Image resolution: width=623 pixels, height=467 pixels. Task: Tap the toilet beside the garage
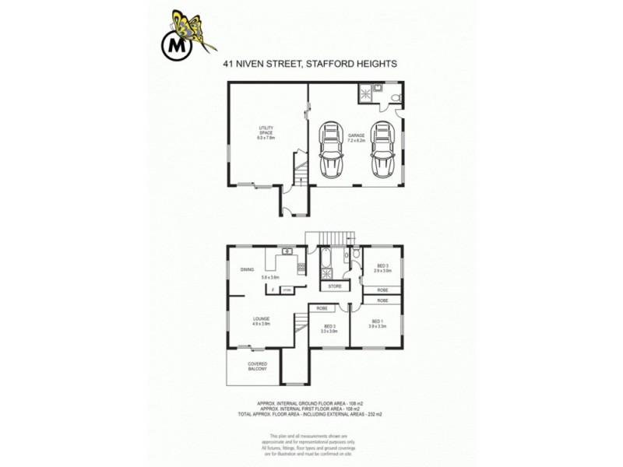tap(396, 97)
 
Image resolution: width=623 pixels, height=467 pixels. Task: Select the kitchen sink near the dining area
tap(286, 251)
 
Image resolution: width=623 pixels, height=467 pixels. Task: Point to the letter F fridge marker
tap(273, 290)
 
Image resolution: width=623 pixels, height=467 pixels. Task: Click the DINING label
tap(247, 269)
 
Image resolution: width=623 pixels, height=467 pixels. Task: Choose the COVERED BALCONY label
tap(258, 366)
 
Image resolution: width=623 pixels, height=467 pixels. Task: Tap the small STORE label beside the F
tap(286, 290)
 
